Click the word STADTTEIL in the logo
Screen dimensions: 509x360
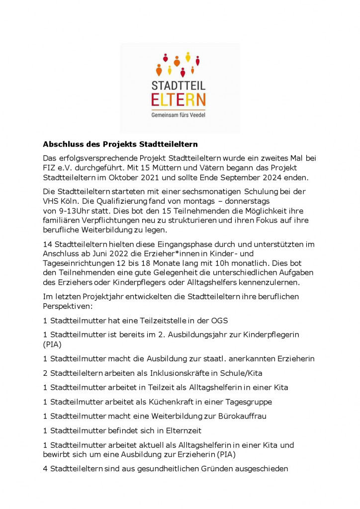coord(178,83)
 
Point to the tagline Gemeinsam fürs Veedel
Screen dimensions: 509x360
coord(178,115)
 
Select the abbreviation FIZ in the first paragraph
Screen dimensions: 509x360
coord(50,168)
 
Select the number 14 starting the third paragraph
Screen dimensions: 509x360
coord(47,244)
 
